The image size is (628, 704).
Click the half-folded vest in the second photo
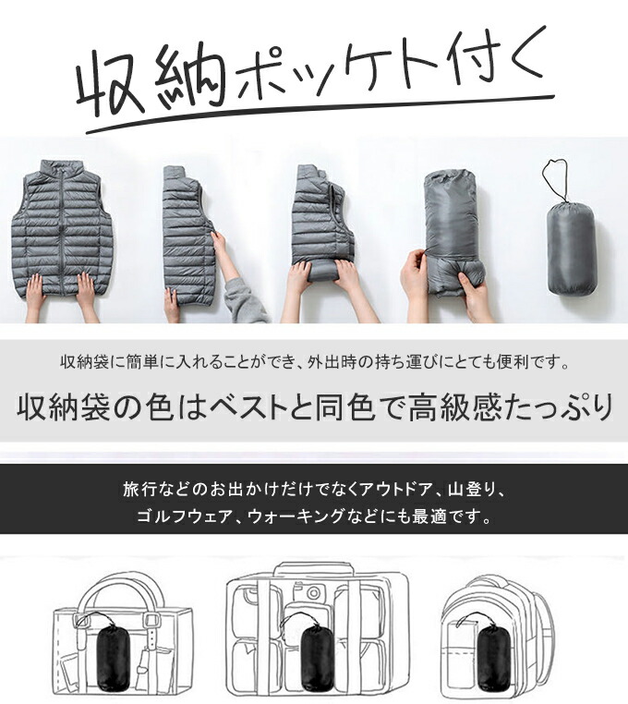pos(188,234)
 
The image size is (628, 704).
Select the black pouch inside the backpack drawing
pos(494,658)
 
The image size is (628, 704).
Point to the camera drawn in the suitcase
pos(309,591)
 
